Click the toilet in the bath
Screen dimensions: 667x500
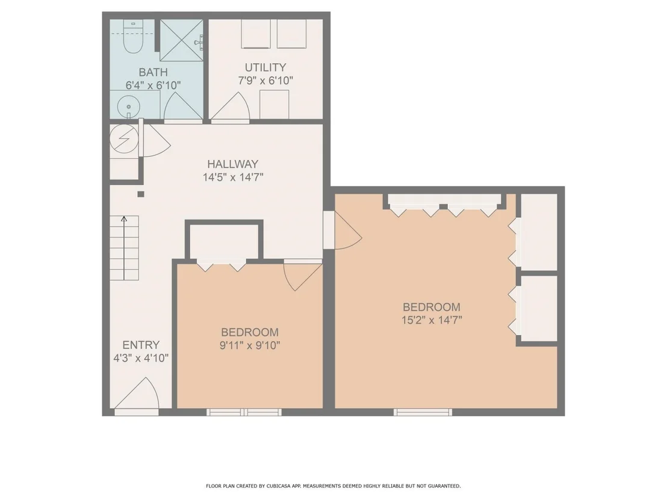coord(133,37)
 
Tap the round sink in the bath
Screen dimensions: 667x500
coord(128,105)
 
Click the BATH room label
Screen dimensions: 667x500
coord(153,72)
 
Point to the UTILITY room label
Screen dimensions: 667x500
coord(265,67)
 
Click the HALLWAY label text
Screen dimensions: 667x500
coord(233,164)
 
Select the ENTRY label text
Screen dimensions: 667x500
coord(141,345)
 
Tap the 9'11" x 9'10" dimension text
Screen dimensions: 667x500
coord(250,345)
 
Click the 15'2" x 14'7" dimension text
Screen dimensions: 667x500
coord(432,319)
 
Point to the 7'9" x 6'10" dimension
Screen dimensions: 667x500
coord(265,81)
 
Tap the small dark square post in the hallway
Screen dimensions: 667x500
coord(141,194)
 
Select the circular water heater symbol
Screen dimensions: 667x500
coord(124,138)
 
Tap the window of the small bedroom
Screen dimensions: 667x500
coord(244,412)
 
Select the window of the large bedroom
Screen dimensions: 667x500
coord(423,412)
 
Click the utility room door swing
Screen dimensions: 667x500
coord(230,106)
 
